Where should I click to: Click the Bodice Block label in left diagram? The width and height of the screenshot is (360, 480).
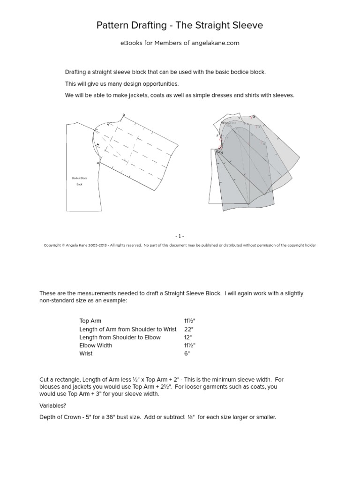(x=79, y=178)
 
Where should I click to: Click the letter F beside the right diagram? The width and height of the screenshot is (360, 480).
(x=217, y=136)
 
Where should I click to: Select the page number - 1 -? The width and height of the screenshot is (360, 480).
(x=180, y=237)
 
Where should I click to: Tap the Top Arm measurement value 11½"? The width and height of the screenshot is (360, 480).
(x=189, y=321)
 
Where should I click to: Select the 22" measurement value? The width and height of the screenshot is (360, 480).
(x=188, y=330)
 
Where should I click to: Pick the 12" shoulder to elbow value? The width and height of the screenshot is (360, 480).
(x=188, y=337)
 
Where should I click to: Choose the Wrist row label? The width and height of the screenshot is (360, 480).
(x=86, y=353)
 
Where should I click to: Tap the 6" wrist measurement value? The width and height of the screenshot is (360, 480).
(x=187, y=353)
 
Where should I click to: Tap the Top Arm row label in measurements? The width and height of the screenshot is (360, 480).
(x=90, y=321)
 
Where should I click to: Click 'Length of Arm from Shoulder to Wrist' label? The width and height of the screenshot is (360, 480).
(x=128, y=330)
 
